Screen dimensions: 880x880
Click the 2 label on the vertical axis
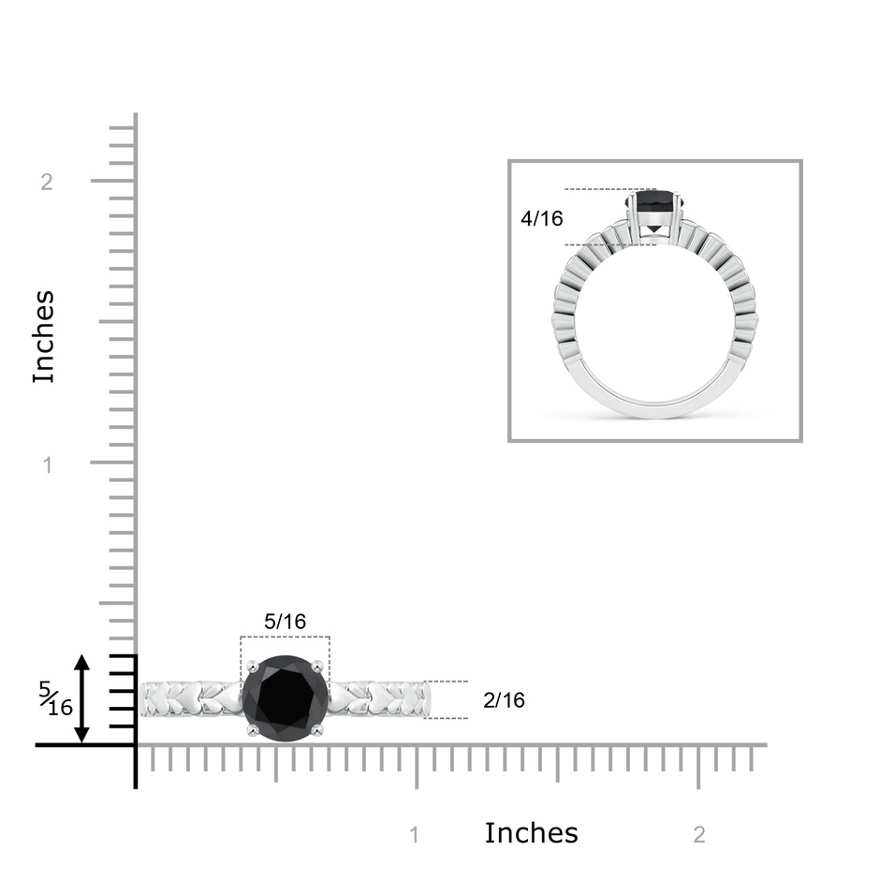click(x=47, y=182)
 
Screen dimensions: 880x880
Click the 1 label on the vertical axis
click(x=47, y=464)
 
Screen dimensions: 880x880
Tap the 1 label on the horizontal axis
click(x=415, y=835)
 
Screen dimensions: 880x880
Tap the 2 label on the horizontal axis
click(x=698, y=835)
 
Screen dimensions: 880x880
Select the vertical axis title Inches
click(x=44, y=337)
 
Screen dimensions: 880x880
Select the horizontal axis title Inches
click(x=531, y=833)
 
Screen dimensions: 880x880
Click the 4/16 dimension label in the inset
click(x=542, y=218)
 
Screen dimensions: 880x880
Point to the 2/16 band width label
click(x=504, y=700)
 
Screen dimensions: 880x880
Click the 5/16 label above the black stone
click(x=286, y=622)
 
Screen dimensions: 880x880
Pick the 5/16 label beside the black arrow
click(x=56, y=698)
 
